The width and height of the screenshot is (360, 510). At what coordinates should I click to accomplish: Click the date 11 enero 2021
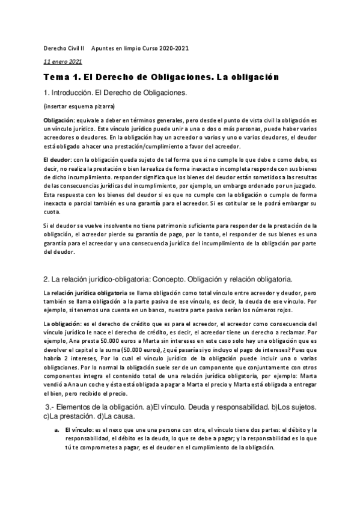pyautogui.click(x=63, y=61)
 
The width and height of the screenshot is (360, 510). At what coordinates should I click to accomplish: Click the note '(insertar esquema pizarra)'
pyautogui.click(x=79, y=106)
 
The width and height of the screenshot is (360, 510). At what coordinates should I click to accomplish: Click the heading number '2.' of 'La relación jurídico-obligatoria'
pyautogui.click(x=46, y=280)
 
